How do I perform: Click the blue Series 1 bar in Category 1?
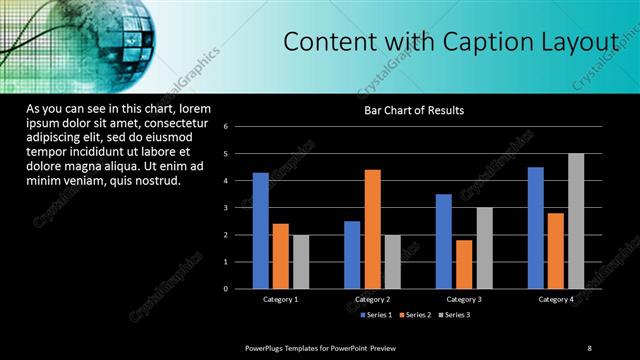[260, 230]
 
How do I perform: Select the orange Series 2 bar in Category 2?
[372, 229]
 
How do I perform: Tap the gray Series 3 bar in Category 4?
[575, 221]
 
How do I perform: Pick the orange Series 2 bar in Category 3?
[463, 264]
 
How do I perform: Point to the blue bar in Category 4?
[535, 228]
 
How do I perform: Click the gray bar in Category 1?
[300, 262]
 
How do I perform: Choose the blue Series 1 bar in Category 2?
[352, 255]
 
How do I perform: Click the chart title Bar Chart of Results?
[413, 110]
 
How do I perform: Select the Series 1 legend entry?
[375, 316]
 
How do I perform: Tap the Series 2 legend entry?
[414, 316]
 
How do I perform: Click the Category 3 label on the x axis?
[463, 299]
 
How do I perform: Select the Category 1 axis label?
[280, 299]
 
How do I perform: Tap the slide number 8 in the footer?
[589, 346]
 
